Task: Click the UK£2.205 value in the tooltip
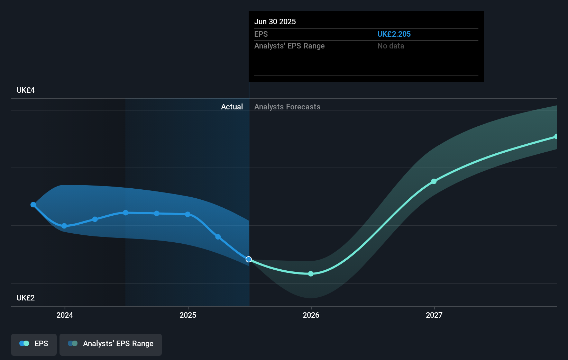click(394, 34)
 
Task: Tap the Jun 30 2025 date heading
click(275, 21)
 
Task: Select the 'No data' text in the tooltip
click(391, 46)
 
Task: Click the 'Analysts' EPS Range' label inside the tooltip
click(289, 46)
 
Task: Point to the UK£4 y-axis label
click(26, 90)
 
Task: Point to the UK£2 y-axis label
click(26, 298)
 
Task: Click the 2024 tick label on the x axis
click(65, 315)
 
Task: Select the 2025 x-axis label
click(188, 315)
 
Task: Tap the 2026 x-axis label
click(311, 315)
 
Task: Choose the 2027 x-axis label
click(434, 315)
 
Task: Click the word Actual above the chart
click(232, 107)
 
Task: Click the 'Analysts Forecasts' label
click(287, 107)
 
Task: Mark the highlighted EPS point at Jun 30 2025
click(249, 259)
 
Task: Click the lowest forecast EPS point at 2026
click(311, 274)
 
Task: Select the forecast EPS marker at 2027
click(434, 181)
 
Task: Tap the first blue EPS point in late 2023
click(33, 205)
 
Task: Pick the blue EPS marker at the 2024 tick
click(64, 226)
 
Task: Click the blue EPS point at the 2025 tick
click(187, 214)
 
